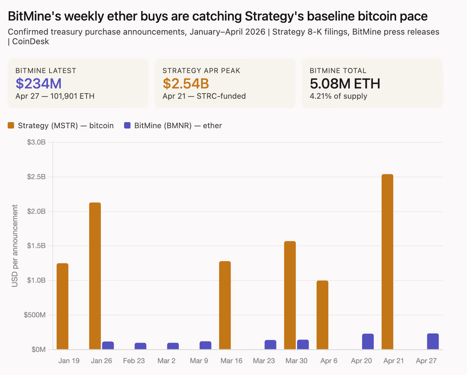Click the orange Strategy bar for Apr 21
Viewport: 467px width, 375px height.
387,262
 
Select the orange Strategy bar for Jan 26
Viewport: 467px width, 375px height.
95,276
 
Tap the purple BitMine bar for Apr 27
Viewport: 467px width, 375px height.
433,341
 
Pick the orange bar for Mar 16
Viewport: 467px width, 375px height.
225,305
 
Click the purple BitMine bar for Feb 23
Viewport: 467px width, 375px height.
140,346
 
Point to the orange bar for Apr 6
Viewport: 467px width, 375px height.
322,315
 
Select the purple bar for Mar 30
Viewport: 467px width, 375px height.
303,345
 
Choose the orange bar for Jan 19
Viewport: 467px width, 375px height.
62,306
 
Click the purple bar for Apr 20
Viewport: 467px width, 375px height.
368,342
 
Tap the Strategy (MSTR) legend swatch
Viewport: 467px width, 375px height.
11,126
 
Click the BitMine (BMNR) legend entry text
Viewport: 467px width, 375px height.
178,126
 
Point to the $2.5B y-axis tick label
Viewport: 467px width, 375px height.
36,177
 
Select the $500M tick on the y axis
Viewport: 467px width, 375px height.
35,315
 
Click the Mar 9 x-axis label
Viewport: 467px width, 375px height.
199,361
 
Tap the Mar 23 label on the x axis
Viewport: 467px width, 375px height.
264,361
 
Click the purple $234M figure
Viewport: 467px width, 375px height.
38,84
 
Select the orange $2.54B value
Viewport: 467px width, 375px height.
186,84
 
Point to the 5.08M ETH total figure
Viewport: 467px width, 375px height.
345,84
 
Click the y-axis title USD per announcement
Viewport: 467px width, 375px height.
15,246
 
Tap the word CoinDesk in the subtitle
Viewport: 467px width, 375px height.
31,42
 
